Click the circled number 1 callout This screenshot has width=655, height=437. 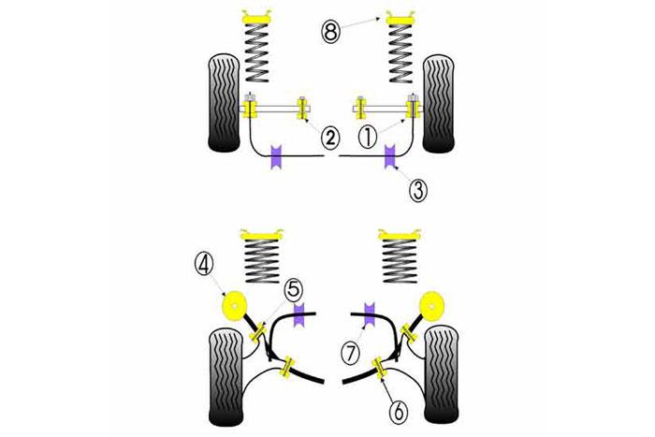[x=369, y=136]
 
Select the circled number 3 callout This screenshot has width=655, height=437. [x=418, y=190]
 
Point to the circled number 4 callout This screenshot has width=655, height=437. [x=204, y=263]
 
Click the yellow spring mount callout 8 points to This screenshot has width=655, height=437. [x=397, y=19]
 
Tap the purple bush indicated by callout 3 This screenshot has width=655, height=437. [x=391, y=153]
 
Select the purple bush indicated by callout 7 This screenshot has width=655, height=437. [x=368, y=314]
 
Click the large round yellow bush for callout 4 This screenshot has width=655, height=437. [x=232, y=306]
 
